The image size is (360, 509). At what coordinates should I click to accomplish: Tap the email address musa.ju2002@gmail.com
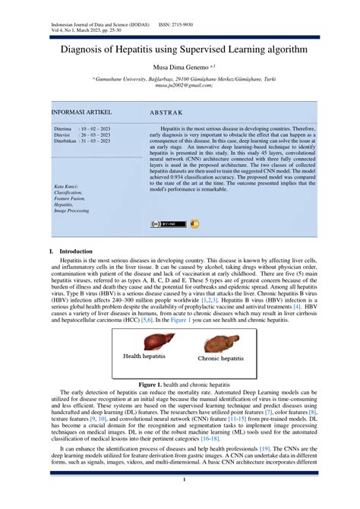[180, 86]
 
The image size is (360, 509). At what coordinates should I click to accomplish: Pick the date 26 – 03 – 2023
[95, 135]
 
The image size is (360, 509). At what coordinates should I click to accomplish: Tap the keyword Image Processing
[71, 210]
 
